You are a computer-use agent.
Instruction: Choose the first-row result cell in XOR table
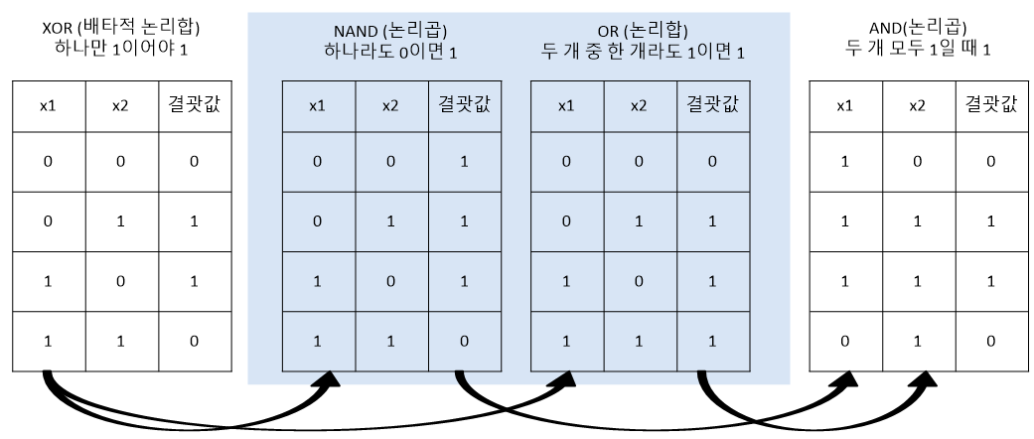[x=195, y=160]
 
